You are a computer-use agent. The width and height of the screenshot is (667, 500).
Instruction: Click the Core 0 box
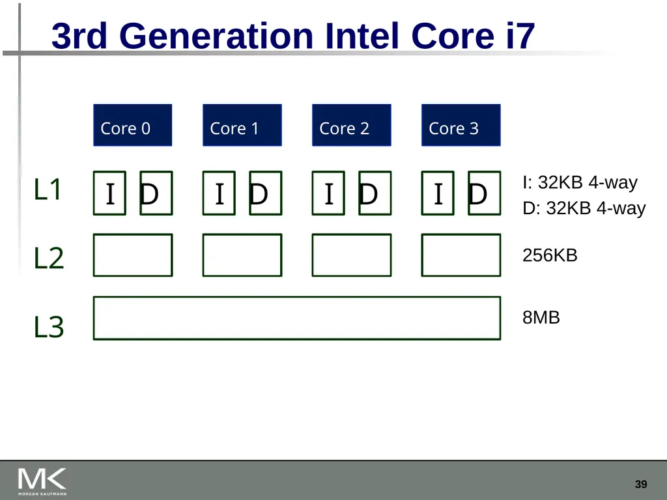click(x=133, y=125)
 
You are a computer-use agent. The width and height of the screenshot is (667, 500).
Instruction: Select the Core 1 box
click(x=242, y=125)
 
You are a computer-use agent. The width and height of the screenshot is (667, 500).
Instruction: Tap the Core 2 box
click(x=351, y=125)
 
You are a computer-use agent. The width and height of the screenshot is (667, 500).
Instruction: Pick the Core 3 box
click(x=461, y=125)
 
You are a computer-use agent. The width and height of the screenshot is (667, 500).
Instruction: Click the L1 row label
click(x=48, y=189)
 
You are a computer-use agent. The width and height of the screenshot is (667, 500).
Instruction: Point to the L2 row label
click(x=48, y=258)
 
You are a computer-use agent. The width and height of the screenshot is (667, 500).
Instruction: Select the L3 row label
click(x=48, y=327)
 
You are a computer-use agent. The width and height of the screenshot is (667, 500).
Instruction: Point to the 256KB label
click(x=550, y=255)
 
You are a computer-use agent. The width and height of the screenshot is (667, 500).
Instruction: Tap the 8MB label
click(x=541, y=317)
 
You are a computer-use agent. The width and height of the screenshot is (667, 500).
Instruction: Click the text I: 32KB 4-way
click(x=580, y=182)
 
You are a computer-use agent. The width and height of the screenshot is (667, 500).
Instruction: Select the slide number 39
click(x=641, y=484)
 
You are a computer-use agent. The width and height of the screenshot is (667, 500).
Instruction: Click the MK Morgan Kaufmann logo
click(x=42, y=482)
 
